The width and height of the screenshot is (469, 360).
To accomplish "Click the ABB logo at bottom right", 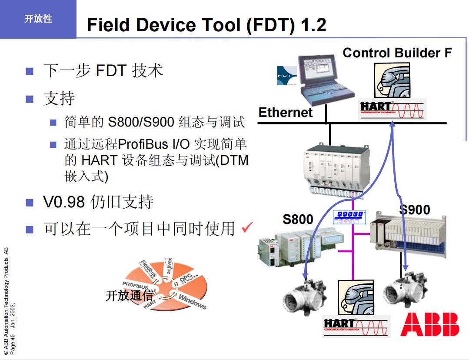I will point(429,324).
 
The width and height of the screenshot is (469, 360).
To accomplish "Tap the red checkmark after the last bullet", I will point(247,227).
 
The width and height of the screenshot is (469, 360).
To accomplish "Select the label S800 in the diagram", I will point(298,219).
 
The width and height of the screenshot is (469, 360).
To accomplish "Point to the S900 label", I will point(415,210).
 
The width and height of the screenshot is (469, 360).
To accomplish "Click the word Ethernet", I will point(285,112).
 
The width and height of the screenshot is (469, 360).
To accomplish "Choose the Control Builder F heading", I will point(397,53).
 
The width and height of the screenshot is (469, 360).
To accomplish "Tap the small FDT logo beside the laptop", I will point(286,76).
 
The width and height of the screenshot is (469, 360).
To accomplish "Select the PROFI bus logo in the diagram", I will point(349,217).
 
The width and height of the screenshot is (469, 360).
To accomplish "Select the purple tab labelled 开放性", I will point(38,19).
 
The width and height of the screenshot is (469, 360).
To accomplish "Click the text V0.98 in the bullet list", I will point(63,202).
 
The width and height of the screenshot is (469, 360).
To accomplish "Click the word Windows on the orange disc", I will point(193,301).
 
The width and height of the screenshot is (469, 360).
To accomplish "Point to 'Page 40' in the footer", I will point(13,343).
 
